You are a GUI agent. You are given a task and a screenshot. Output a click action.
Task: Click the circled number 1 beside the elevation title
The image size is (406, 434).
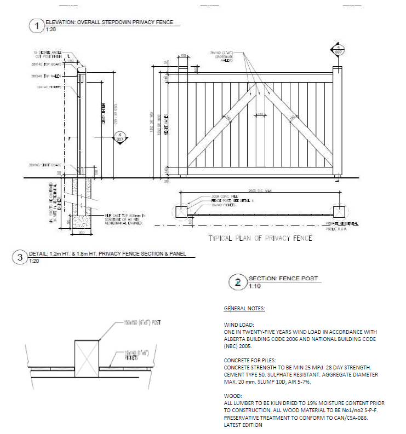(x=36, y=26)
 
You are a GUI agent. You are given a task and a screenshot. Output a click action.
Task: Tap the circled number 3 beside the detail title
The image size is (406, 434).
(x=20, y=257)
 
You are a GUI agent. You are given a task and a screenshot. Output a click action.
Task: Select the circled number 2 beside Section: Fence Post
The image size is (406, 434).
(x=237, y=282)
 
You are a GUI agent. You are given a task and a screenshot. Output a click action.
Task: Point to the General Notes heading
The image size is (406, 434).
(x=244, y=309)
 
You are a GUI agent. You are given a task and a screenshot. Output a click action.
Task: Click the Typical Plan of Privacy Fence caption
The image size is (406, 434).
(x=260, y=239)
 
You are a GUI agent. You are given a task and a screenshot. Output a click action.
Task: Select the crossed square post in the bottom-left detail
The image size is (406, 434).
(x=87, y=356)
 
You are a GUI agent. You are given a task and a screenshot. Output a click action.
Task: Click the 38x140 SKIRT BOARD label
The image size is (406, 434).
(x=45, y=165)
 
